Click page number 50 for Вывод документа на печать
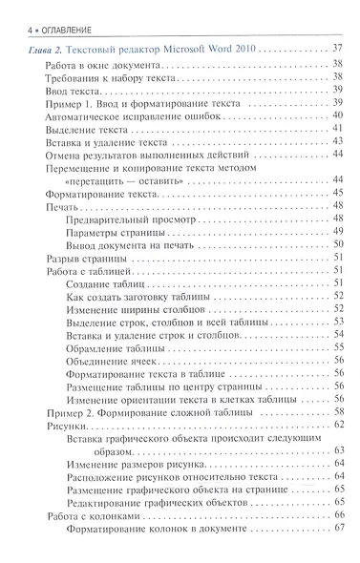click(338, 244)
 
